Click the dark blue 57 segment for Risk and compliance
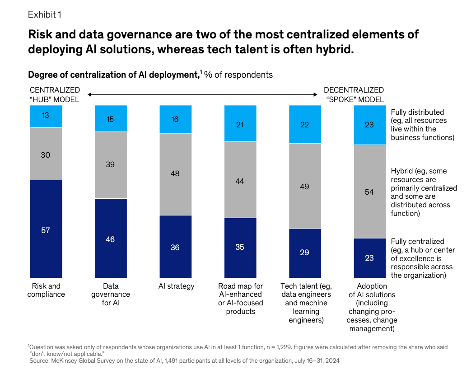(46, 229)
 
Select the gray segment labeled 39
(111, 165)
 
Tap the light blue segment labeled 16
(176, 119)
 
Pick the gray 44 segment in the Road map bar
(240, 180)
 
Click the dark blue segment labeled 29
(305, 253)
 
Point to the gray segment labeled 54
(370, 192)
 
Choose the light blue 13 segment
(46, 116)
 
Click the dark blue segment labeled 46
(111, 238)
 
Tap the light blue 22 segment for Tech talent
(305, 124)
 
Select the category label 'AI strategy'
(177, 286)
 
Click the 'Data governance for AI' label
(111, 295)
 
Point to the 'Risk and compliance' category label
(46, 290)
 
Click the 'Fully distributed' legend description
(423, 125)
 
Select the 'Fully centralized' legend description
(423, 258)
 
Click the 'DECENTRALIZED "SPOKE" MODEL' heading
(354, 95)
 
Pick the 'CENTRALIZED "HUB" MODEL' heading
(55, 95)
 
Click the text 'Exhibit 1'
(45, 14)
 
